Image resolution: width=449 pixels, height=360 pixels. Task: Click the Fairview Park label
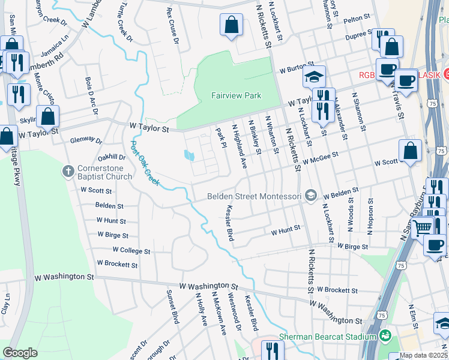point(236,95)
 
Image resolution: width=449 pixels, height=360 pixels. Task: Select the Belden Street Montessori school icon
point(310,195)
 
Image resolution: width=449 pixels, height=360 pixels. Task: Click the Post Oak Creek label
point(144,163)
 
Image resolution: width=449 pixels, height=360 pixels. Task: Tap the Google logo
point(20,352)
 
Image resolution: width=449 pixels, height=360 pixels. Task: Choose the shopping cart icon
point(423,227)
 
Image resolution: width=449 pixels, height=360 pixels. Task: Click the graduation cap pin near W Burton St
point(314,76)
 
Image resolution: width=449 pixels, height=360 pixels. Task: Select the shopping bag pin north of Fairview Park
point(231,26)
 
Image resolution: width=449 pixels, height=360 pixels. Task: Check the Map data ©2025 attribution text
point(424,355)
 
